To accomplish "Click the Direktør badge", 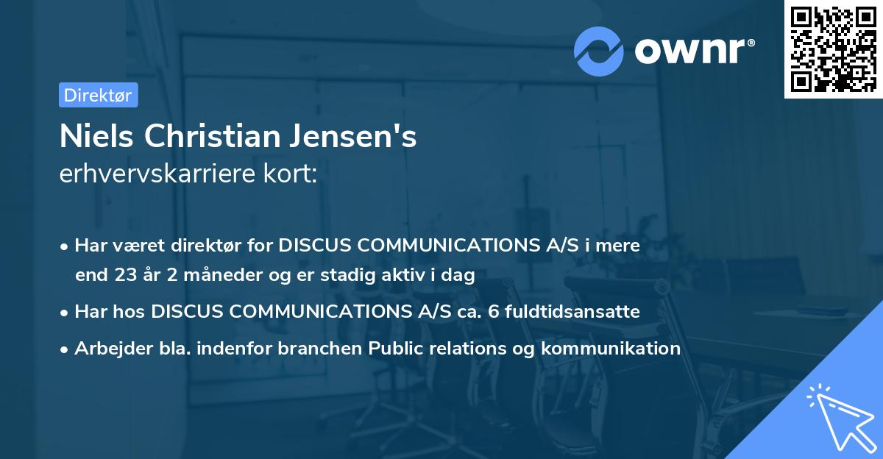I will click(x=98, y=95).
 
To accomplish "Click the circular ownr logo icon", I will click(x=598, y=51).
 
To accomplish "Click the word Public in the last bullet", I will click(x=395, y=348).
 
